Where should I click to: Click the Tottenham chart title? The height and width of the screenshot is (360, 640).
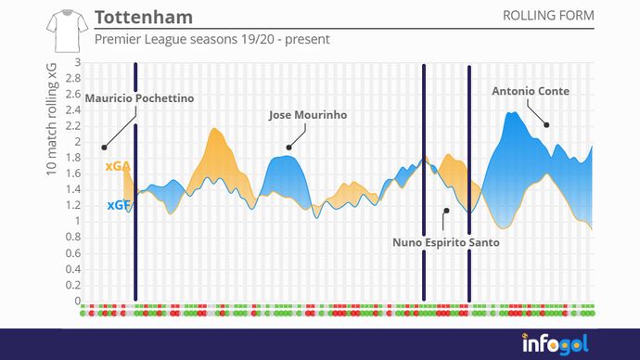point(144,18)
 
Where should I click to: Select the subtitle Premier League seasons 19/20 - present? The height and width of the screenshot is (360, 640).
point(211,41)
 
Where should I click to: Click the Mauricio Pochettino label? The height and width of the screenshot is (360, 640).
point(139,97)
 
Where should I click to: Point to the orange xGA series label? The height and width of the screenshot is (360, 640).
point(117,166)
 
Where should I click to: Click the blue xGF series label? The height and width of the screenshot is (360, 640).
point(117,205)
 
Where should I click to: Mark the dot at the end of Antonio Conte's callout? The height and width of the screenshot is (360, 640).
point(546,124)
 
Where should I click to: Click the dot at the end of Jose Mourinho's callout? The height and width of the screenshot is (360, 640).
point(288,147)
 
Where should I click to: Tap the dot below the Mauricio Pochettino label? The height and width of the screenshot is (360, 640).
point(104,147)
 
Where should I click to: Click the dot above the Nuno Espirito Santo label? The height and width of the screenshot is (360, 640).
point(445,211)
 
